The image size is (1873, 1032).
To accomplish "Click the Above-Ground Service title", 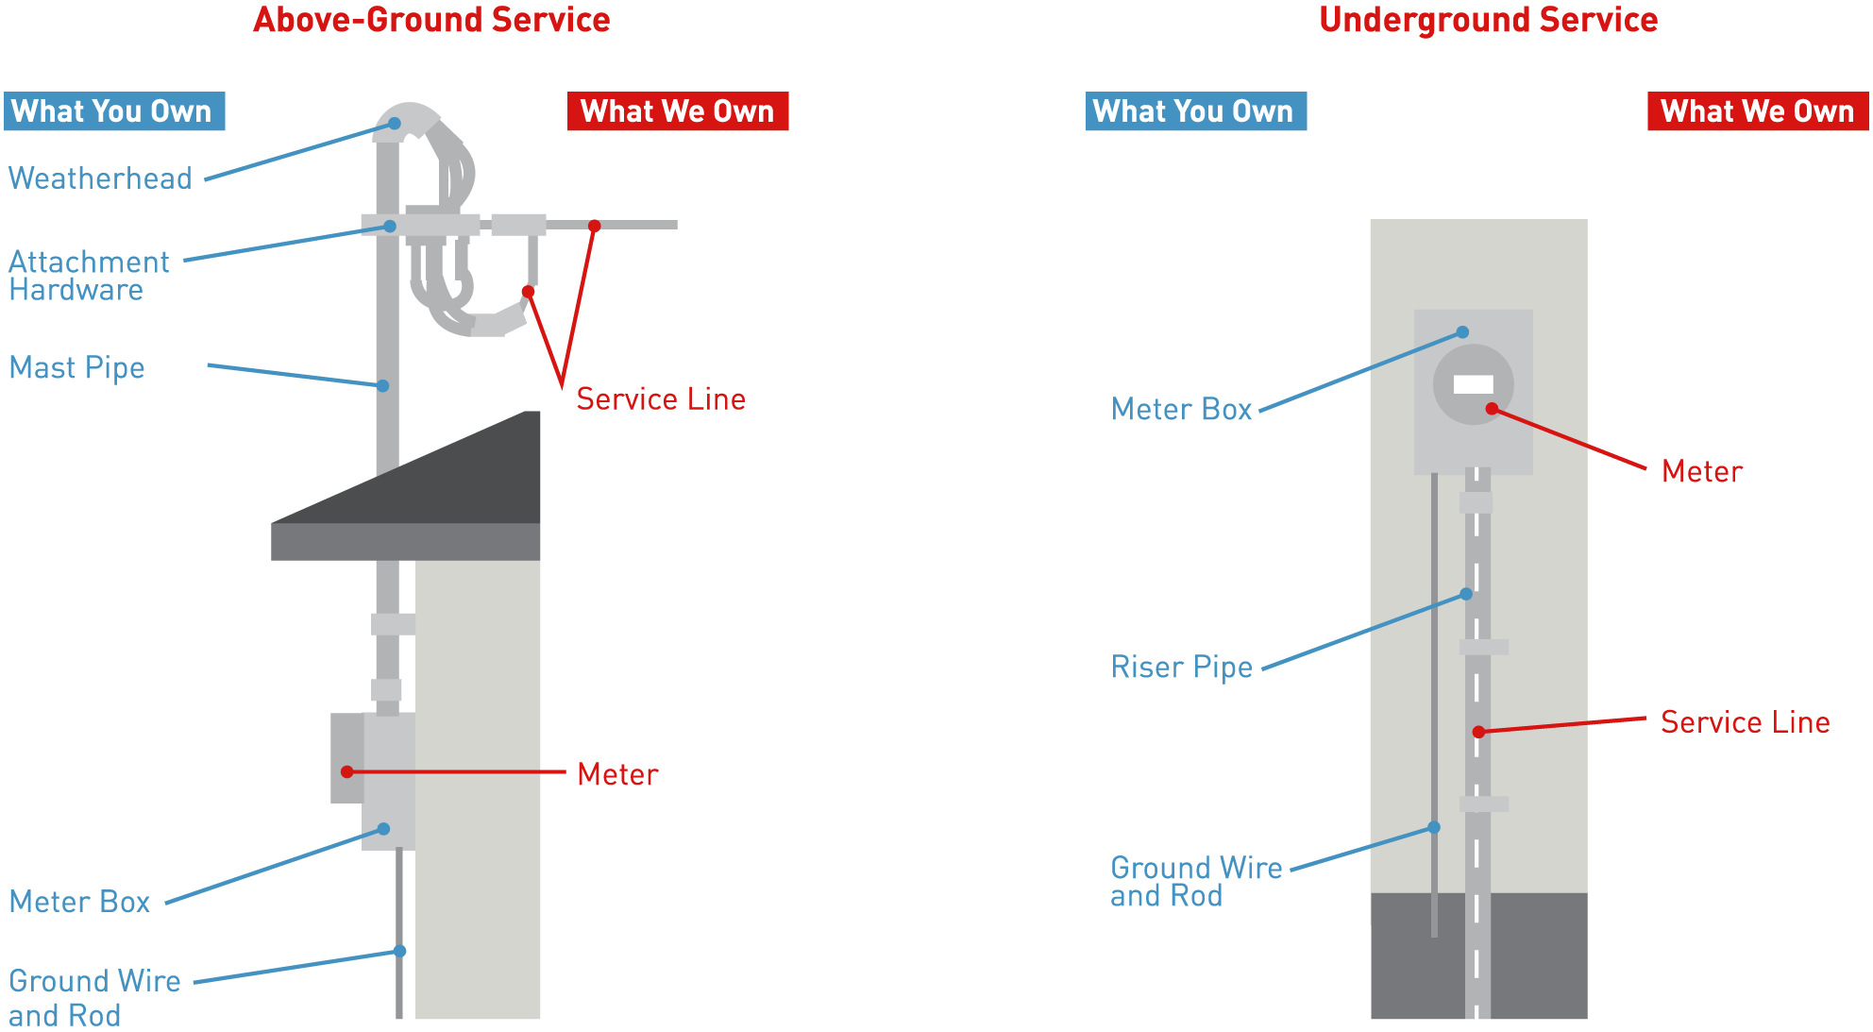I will pos(431,20).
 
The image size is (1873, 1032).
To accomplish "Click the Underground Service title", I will pos(1488,20).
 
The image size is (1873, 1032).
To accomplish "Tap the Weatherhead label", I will pos(100,178).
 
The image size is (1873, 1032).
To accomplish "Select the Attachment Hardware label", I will pos(88,276).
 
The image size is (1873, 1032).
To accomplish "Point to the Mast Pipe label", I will pos(77,367).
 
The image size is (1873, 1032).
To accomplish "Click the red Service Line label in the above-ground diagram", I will pos(661,399).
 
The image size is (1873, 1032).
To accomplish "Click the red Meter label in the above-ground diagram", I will pos(617,774).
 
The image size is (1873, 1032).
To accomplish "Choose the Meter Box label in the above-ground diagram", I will pos(80,902).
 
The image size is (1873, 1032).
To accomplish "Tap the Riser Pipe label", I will pos(1182,668).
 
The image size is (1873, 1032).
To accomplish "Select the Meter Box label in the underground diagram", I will pos(1182,410).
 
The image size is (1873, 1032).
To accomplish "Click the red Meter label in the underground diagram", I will pos(1702,471).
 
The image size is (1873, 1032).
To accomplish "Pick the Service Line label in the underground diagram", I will pos(1746,722).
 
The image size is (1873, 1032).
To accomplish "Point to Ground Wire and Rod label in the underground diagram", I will pos(1196,882).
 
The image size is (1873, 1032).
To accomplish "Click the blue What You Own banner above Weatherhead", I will pos(114,111).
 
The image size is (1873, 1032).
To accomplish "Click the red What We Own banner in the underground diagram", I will pos(1757,111).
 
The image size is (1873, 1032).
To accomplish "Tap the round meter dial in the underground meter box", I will pos(1473,384).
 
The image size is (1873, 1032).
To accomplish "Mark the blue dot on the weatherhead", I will pos(395,124).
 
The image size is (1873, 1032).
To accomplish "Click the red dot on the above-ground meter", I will pos(347,772).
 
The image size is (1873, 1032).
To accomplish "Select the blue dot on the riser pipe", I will pos(1466,594).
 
